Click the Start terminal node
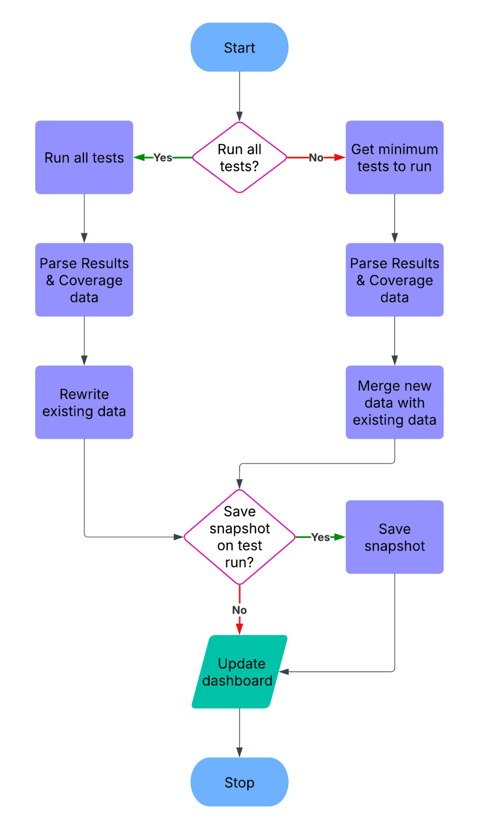[x=239, y=47]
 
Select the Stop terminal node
[x=239, y=782]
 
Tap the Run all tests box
[x=84, y=157]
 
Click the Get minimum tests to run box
[x=394, y=157]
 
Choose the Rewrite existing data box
[x=84, y=402]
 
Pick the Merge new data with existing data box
[x=394, y=402]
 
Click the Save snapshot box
[x=394, y=537]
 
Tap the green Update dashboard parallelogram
[x=239, y=672]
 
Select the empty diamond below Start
[x=239, y=157]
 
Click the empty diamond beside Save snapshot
[x=239, y=537]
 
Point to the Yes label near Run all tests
[x=162, y=157]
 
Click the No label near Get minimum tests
[x=316, y=157]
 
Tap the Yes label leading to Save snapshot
[x=320, y=537]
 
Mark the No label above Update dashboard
[x=239, y=610]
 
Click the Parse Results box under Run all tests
[x=84, y=280]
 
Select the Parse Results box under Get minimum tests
[x=394, y=280]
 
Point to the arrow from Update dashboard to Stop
[x=239, y=733]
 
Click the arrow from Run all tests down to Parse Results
[x=84, y=218]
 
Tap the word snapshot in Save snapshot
[x=394, y=546]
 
